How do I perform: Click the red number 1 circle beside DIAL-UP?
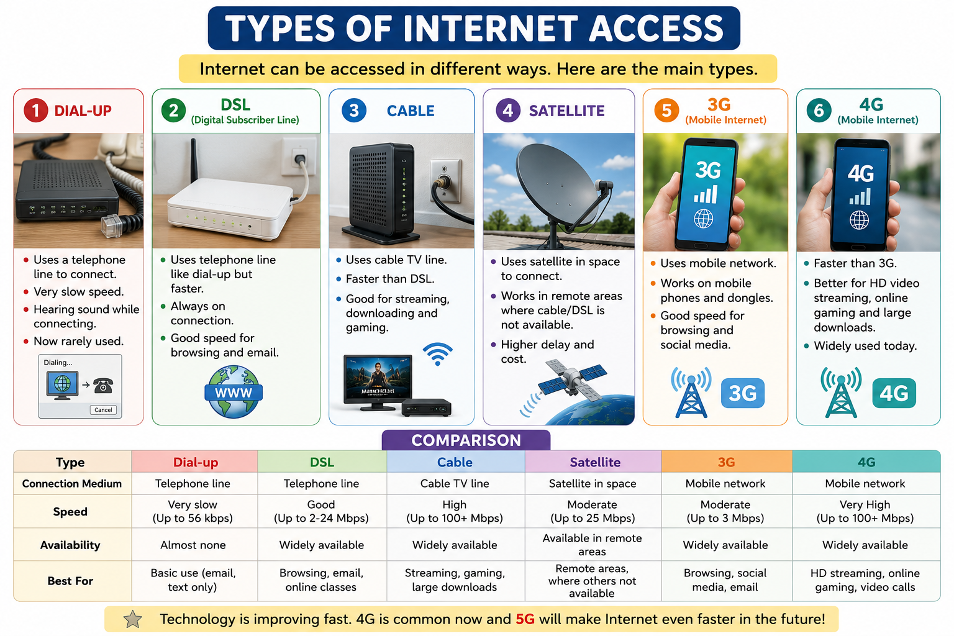(x=36, y=111)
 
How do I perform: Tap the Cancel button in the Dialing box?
(x=103, y=410)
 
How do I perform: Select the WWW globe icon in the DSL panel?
(x=234, y=392)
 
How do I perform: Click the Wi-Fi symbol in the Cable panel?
(x=438, y=353)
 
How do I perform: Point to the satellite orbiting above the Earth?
(x=572, y=379)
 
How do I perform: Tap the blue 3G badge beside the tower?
(x=743, y=393)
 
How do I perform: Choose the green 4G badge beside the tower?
(x=894, y=393)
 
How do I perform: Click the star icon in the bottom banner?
(x=132, y=619)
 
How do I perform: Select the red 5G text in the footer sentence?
(x=525, y=619)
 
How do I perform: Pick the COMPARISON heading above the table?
(x=466, y=440)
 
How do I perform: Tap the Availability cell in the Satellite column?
(x=593, y=545)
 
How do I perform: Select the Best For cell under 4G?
(x=866, y=580)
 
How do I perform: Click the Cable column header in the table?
(x=455, y=462)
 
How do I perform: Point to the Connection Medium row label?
(x=72, y=483)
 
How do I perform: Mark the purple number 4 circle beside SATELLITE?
(x=507, y=111)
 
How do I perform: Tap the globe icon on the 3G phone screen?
(x=703, y=219)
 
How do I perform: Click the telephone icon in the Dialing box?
(x=103, y=386)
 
